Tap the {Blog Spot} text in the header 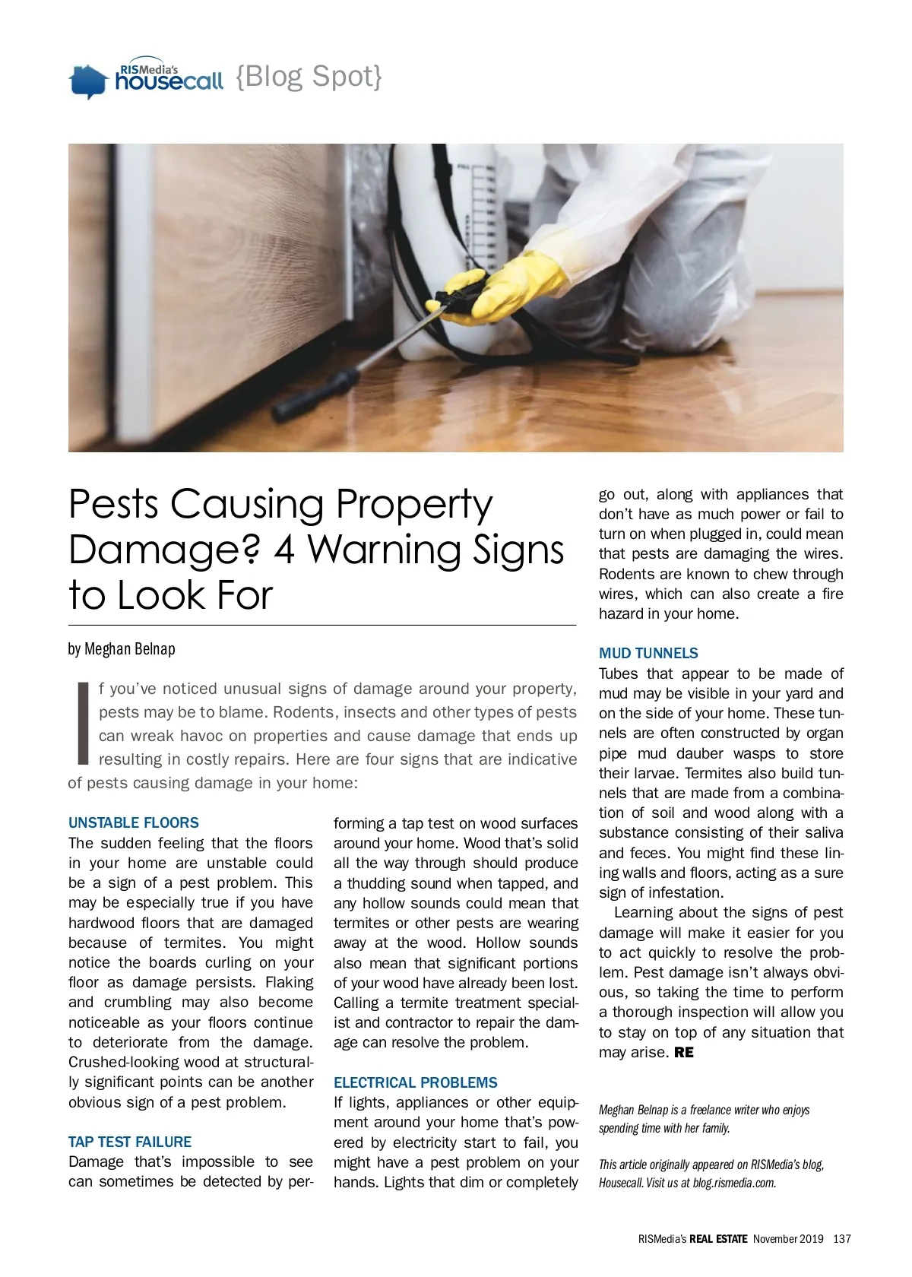(309, 76)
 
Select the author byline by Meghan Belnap (122, 649)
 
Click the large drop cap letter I (83, 723)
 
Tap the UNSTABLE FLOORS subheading (134, 822)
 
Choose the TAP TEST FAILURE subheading (130, 1142)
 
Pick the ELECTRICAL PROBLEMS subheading (416, 1082)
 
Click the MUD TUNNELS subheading (648, 653)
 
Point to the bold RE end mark (684, 1053)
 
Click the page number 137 (842, 1239)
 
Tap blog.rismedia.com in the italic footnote (734, 1183)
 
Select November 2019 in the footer (788, 1239)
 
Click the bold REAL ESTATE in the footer (718, 1239)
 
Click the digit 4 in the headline (284, 550)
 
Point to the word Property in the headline (414, 505)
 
